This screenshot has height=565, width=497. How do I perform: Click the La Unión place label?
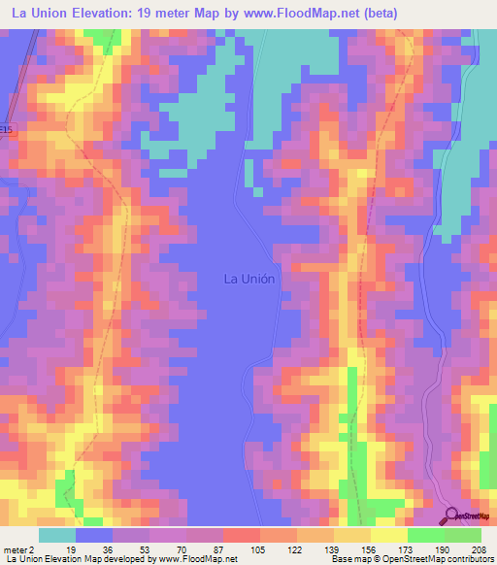click(x=249, y=279)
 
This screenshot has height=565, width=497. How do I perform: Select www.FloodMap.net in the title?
click(x=303, y=13)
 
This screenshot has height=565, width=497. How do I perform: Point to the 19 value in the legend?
click(x=71, y=549)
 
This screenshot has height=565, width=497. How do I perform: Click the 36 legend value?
click(x=108, y=549)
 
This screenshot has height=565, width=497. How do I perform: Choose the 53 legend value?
click(x=145, y=549)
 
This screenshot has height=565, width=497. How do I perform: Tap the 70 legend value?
click(x=182, y=549)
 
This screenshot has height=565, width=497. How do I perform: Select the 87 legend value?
click(x=218, y=549)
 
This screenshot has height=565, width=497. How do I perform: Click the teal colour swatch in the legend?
click(x=56, y=535)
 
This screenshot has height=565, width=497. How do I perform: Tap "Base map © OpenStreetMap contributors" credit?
click(x=412, y=559)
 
